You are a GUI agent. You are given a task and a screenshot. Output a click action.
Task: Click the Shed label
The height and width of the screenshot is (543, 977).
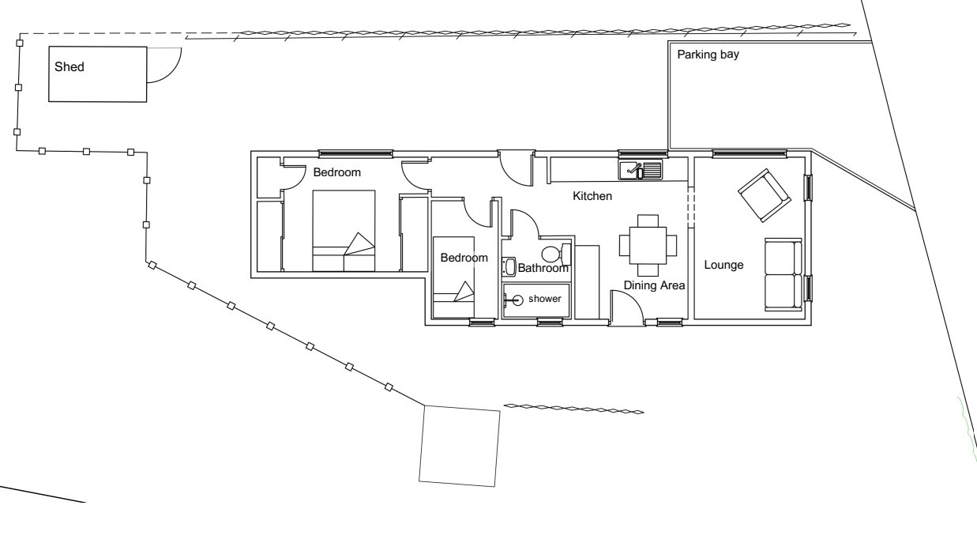tap(70, 66)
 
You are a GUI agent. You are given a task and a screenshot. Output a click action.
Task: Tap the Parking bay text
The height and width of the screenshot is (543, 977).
tap(708, 55)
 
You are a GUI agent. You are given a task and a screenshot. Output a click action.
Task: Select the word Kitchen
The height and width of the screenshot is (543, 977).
tap(592, 196)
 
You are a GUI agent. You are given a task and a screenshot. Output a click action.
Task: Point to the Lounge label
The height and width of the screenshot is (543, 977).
tap(723, 265)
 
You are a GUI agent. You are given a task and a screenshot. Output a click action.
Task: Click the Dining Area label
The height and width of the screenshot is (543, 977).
tap(654, 285)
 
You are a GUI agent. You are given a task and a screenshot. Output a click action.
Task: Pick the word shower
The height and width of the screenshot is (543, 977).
tap(545, 299)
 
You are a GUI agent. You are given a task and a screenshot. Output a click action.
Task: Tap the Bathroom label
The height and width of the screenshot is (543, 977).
tap(543, 268)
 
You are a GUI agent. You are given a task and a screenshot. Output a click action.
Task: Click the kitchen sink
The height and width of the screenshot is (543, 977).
tap(640, 170)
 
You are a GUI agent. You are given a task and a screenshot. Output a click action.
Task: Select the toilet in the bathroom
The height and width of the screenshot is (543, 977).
tap(556, 254)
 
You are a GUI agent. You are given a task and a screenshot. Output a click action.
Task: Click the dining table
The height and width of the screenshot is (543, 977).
tap(648, 245)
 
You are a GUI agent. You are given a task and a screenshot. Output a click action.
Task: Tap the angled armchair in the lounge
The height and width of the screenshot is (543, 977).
tap(765, 195)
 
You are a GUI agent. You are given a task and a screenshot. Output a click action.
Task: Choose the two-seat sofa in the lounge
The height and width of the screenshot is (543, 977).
tap(783, 274)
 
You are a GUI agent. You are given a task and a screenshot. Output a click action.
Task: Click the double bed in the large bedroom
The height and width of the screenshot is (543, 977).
tap(344, 231)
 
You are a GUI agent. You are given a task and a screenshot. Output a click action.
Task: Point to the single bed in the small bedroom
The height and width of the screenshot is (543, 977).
tap(453, 277)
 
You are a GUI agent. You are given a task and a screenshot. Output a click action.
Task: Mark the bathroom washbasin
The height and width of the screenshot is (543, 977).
tap(509, 266)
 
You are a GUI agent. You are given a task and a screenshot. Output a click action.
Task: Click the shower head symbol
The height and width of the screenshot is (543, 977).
tap(515, 300)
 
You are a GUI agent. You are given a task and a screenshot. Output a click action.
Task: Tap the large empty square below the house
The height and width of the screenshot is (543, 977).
tap(460, 446)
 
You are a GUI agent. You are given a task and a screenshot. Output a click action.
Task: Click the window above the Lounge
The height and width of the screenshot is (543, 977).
tap(750, 153)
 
